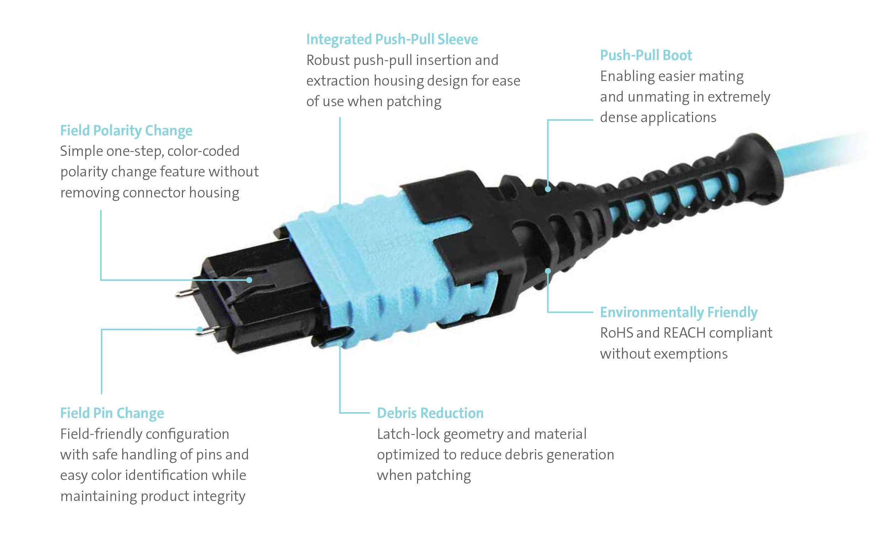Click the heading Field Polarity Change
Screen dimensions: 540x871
[x=126, y=131]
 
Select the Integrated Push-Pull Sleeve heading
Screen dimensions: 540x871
[x=391, y=39]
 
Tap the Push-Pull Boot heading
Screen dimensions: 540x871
[x=645, y=55]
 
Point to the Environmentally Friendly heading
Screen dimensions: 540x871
[x=678, y=312]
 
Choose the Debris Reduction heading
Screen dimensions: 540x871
[x=430, y=413]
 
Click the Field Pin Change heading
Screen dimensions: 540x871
[x=112, y=413]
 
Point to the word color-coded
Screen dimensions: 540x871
[x=203, y=151]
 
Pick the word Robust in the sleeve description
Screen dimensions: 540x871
[x=328, y=60]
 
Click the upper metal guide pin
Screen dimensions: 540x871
[x=184, y=294]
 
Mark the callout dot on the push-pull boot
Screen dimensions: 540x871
[x=548, y=189]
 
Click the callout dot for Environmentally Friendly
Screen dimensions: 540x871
[x=548, y=271]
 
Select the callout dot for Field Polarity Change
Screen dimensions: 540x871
[x=249, y=280]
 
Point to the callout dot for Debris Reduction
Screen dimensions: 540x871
[x=340, y=344]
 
